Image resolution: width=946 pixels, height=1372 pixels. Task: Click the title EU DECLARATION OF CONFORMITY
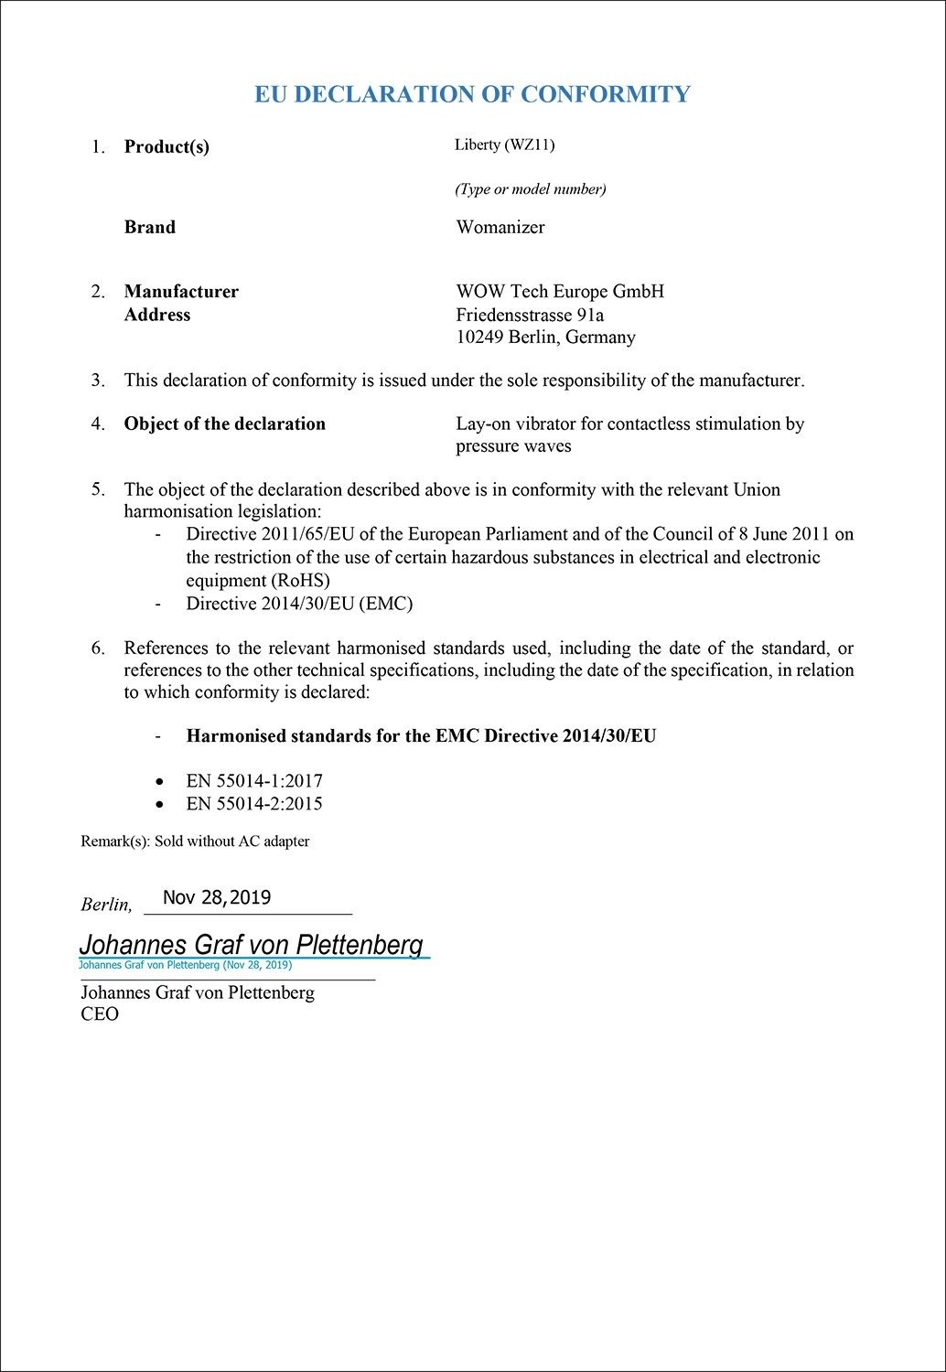pos(472,94)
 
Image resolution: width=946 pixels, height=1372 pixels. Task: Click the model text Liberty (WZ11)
pos(504,145)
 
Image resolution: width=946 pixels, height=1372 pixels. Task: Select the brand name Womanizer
pos(500,228)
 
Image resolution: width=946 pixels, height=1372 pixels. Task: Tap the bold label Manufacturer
pos(181,292)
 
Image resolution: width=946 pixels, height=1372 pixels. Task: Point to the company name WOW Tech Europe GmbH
pos(560,292)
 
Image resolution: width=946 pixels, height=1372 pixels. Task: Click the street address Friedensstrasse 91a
pos(530,315)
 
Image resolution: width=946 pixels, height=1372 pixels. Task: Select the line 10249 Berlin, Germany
pos(545,337)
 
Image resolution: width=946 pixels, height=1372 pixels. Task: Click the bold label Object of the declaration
pos(225,423)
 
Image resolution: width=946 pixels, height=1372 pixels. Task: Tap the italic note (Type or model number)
pos(531,189)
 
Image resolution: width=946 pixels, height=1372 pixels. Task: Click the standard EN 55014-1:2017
pos(254,781)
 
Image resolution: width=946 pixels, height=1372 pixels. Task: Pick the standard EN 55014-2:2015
pos(254,804)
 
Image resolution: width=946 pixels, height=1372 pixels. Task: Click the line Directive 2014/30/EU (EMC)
pos(299,604)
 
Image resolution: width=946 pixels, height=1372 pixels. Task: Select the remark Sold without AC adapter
pos(231,841)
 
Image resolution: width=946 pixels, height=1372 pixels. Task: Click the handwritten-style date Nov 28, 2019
pos(217,897)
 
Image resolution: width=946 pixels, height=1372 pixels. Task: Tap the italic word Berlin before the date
pos(105,905)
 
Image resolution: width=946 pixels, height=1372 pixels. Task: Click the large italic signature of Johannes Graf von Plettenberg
pos(251,944)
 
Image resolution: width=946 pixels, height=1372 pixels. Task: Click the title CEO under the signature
pos(100,1014)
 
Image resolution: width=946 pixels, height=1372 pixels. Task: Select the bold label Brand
pos(150,228)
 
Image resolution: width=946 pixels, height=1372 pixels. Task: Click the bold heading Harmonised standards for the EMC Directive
pos(421,735)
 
